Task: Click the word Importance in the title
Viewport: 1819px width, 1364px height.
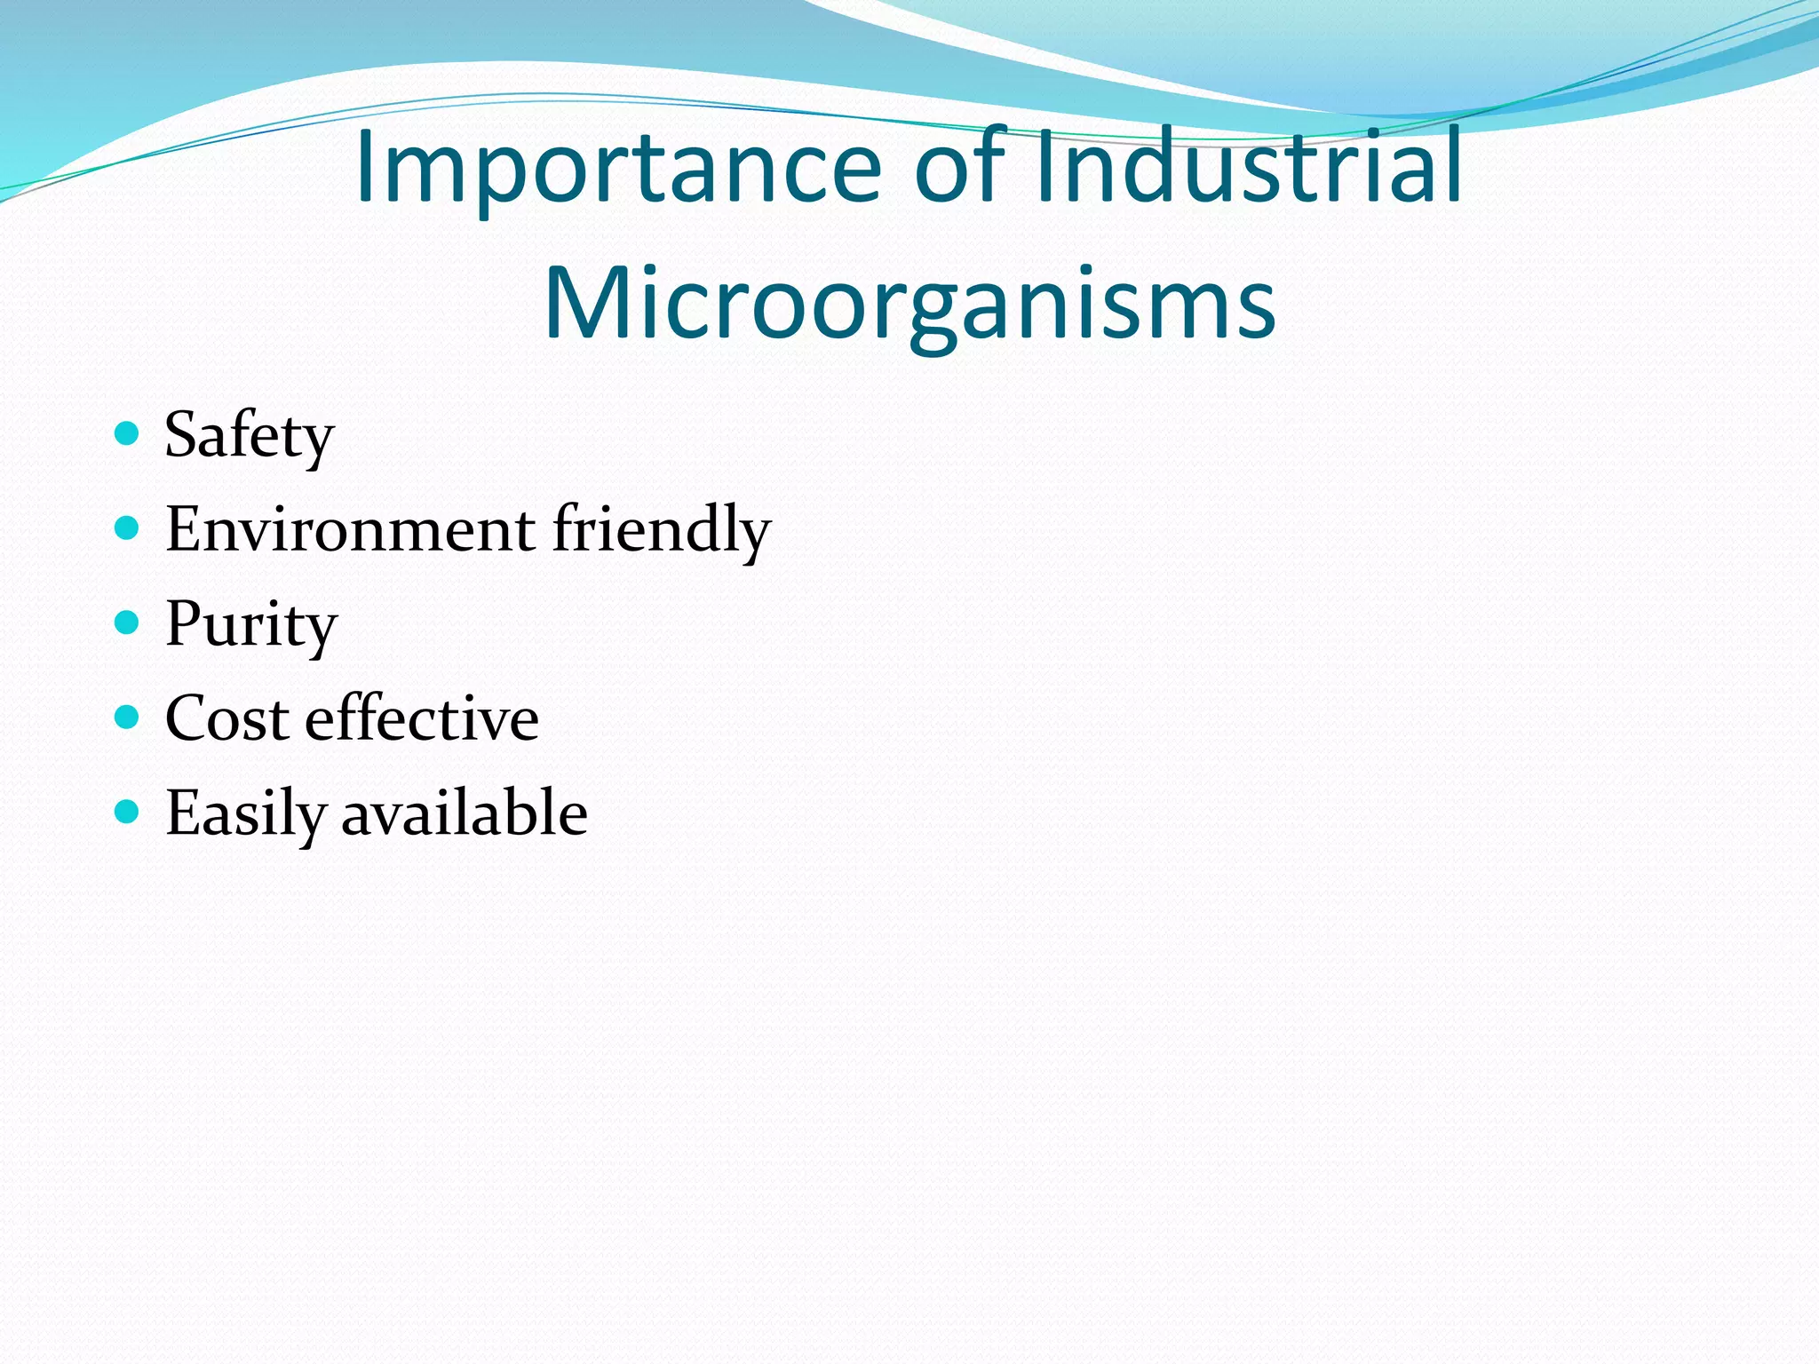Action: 619,169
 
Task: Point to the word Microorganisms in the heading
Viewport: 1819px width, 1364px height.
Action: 909,305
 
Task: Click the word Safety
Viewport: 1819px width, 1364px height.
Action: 250,436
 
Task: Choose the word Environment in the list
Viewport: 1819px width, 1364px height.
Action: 350,529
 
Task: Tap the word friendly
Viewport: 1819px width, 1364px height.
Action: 661,531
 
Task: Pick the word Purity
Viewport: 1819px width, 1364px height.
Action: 251,625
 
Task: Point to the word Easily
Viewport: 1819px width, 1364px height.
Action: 245,814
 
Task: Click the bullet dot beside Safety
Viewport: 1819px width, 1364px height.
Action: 128,433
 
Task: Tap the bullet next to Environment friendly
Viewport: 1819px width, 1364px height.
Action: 128,528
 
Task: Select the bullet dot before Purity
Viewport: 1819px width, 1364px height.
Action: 128,623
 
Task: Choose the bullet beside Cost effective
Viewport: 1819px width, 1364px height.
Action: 128,717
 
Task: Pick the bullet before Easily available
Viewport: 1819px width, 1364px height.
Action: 128,811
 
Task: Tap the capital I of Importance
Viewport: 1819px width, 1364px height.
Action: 363,166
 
